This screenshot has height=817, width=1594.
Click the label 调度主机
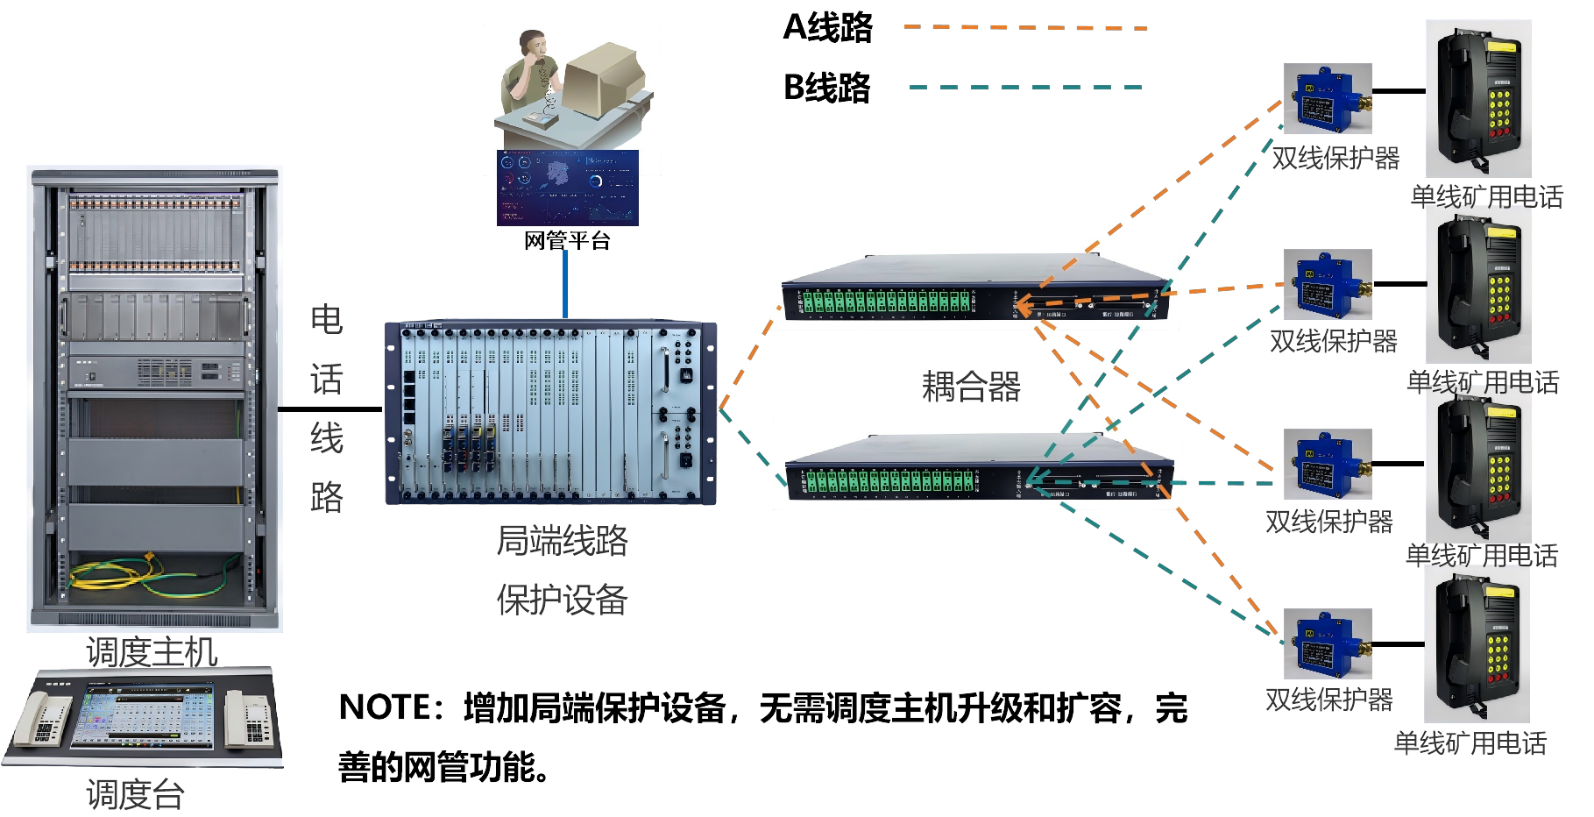coord(152,651)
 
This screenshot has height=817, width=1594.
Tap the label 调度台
coord(136,794)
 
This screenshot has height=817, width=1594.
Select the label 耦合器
coord(971,387)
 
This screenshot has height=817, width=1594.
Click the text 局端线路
coord(562,541)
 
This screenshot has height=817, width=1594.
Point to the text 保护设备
coord(562,600)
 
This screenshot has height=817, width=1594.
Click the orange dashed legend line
coord(1025,28)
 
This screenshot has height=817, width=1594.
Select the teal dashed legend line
coord(1025,88)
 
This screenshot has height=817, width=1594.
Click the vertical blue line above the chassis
coord(565,284)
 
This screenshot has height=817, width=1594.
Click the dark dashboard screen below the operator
coord(567,188)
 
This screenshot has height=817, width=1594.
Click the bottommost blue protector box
coord(1327,644)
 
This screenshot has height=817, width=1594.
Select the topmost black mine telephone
coord(1478,98)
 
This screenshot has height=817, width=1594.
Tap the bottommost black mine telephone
coord(1477,644)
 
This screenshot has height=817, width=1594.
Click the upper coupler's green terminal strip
coord(886,302)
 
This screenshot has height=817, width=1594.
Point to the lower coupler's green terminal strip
coord(889,481)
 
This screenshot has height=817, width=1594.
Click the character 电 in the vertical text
coord(326,319)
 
